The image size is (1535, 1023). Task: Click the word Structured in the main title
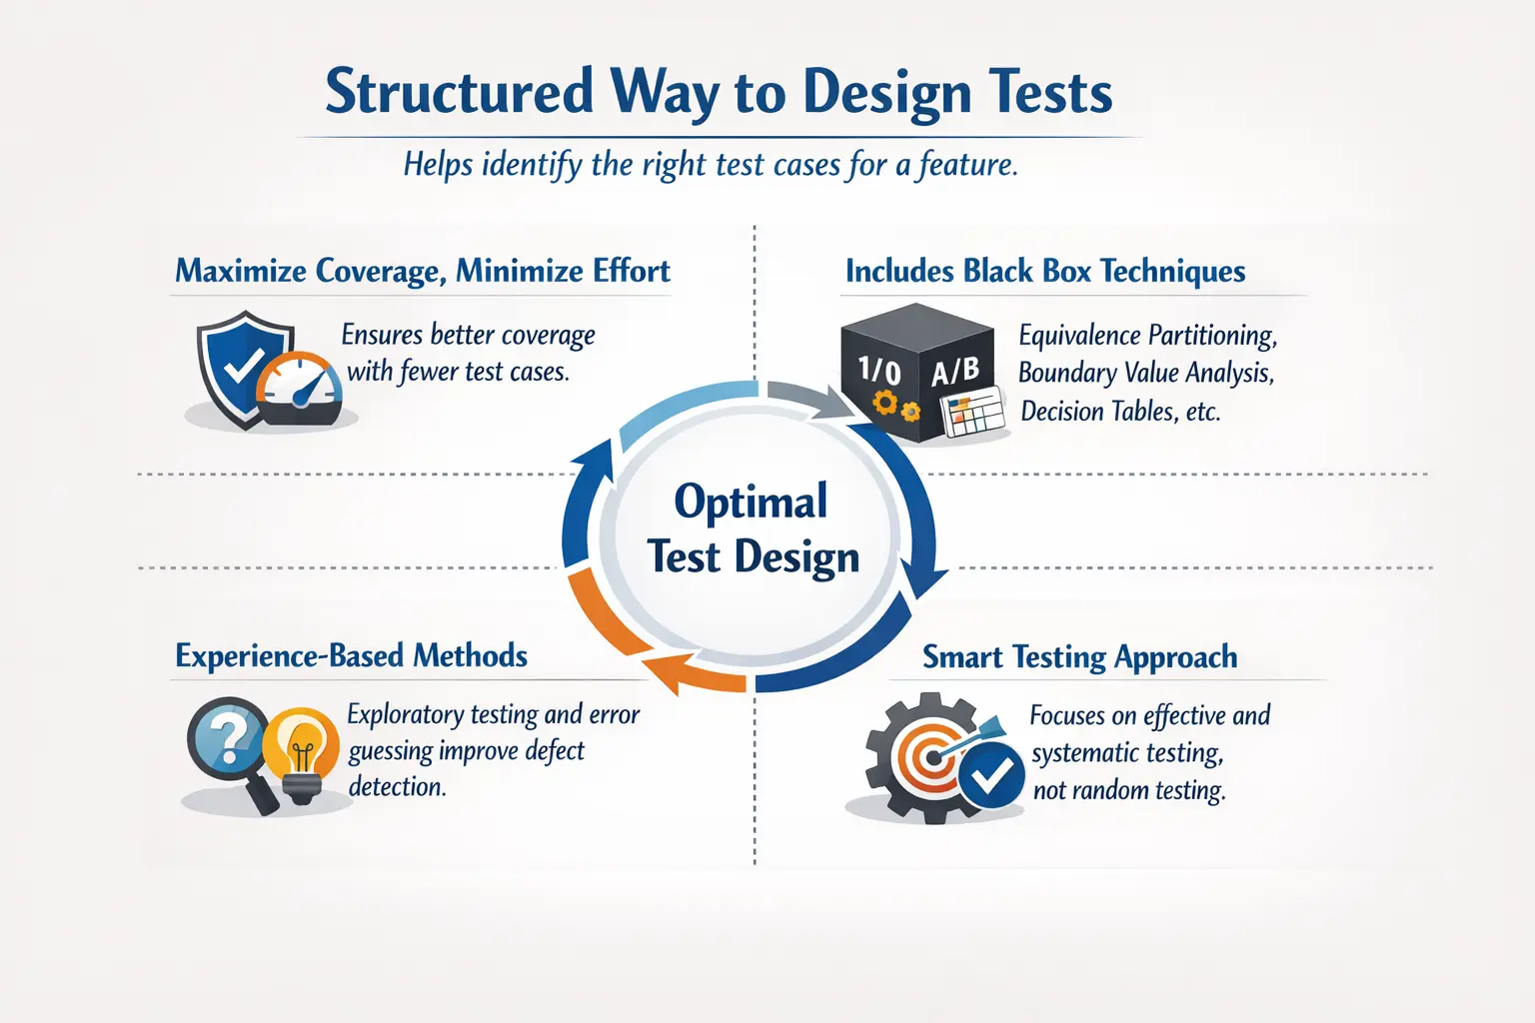(x=459, y=93)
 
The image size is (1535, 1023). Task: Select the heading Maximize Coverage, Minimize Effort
(x=422, y=271)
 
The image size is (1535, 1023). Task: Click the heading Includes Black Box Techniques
(x=1044, y=271)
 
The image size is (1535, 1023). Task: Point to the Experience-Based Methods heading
(x=351, y=655)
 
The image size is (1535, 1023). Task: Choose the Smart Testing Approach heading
(x=1079, y=656)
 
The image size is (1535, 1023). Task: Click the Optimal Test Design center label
(x=753, y=528)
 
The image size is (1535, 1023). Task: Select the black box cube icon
(x=914, y=370)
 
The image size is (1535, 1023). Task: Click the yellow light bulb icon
(x=303, y=752)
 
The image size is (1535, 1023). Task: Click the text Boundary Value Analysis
(x=1144, y=373)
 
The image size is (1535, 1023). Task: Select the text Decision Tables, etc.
(x=1119, y=411)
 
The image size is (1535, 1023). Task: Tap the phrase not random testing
(x=1128, y=790)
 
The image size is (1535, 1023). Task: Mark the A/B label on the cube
(x=955, y=372)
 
